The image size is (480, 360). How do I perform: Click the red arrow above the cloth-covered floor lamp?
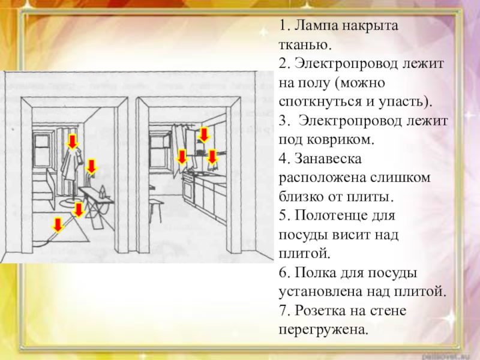pyautogui.click(x=71, y=142)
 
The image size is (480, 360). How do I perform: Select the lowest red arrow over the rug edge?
pyautogui.click(x=58, y=225)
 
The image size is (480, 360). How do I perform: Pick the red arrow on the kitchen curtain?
pyautogui.click(x=182, y=157)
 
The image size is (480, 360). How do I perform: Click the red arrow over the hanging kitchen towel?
pyautogui.click(x=212, y=157)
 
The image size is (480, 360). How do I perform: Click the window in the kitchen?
pyautogui.click(x=158, y=151)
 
